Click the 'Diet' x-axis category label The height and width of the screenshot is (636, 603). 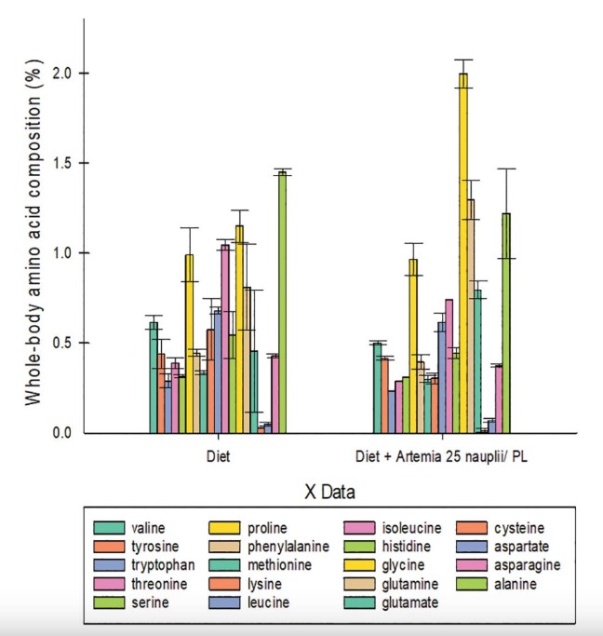pyautogui.click(x=220, y=457)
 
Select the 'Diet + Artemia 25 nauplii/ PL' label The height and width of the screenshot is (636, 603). pyautogui.click(x=443, y=457)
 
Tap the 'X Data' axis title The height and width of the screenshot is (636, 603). pyautogui.click(x=330, y=490)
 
